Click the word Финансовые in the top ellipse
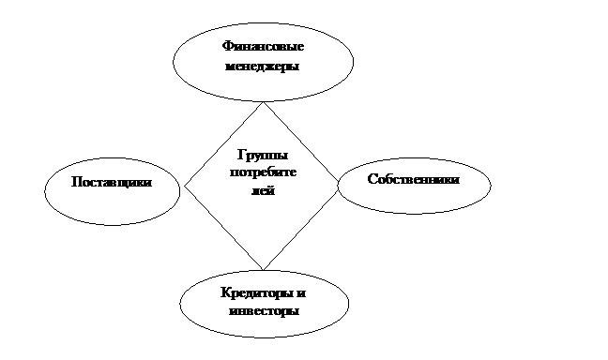coord(263,47)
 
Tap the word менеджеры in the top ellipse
coord(263,67)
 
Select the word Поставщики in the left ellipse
coord(112,182)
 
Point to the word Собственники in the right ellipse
coord(414,179)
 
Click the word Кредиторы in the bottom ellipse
coord(257,293)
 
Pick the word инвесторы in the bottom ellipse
coord(264,311)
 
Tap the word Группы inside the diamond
coord(263,156)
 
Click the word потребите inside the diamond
coord(263,172)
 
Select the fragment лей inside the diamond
coord(264,190)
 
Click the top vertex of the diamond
coord(264,102)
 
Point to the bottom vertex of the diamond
coord(263,270)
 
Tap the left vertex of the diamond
coord(185,186)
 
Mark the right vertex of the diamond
coord(338,182)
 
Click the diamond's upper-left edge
coord(223,144)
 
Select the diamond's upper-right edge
coord(300,142)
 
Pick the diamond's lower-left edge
coord(223,228)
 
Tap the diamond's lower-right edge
coord(300,226)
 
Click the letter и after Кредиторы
coord(301,293)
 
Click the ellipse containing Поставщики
coord(112,157)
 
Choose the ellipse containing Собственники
coord(414,157)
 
